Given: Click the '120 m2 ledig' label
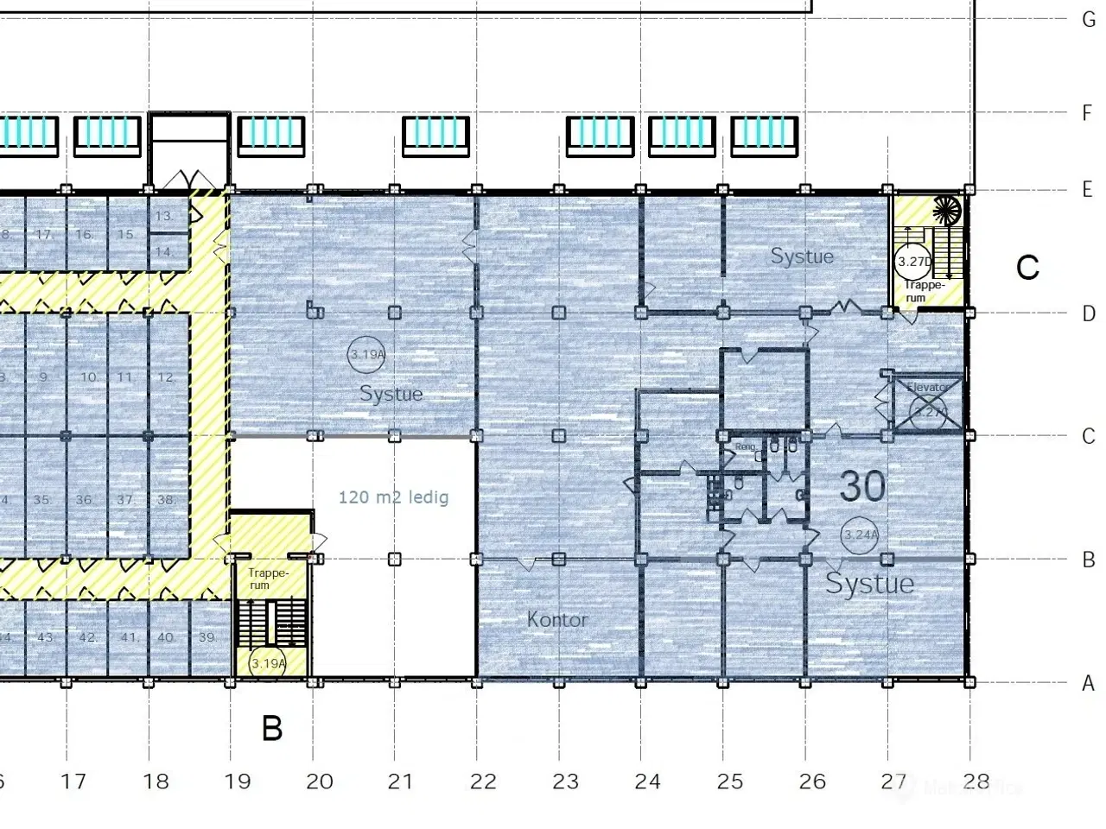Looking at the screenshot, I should [x=393, y=497].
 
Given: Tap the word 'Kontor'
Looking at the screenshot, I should [x=557, y=619].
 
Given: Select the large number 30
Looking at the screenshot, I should [x=862, y=487].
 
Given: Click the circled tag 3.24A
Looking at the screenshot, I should [x=861, y=535].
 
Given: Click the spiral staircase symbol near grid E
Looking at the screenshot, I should [x=947, y=211].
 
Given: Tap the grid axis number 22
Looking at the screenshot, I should [x=483, y=782].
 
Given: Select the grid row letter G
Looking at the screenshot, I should [x=1089, y=19].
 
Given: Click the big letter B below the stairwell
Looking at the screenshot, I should [x=272, y=729].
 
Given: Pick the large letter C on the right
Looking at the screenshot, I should [x=1027, y=268].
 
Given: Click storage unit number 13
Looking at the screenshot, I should [x=162, y=216].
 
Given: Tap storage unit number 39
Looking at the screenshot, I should [x=207, y=637].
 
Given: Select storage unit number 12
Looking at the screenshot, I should [x=165, y=377].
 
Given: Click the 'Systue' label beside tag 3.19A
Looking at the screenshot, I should [x=391, y=394].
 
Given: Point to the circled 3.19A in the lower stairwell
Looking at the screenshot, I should [x=268, y=663].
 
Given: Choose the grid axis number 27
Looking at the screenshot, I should [x=893, y=782].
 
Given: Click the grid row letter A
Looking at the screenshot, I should [x=1089, y=683].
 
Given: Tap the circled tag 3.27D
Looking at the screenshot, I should [x=914, y=261].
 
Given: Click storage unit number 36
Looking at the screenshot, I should [x=84, y=500].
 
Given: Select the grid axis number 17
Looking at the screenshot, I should [x=73, y=782].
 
